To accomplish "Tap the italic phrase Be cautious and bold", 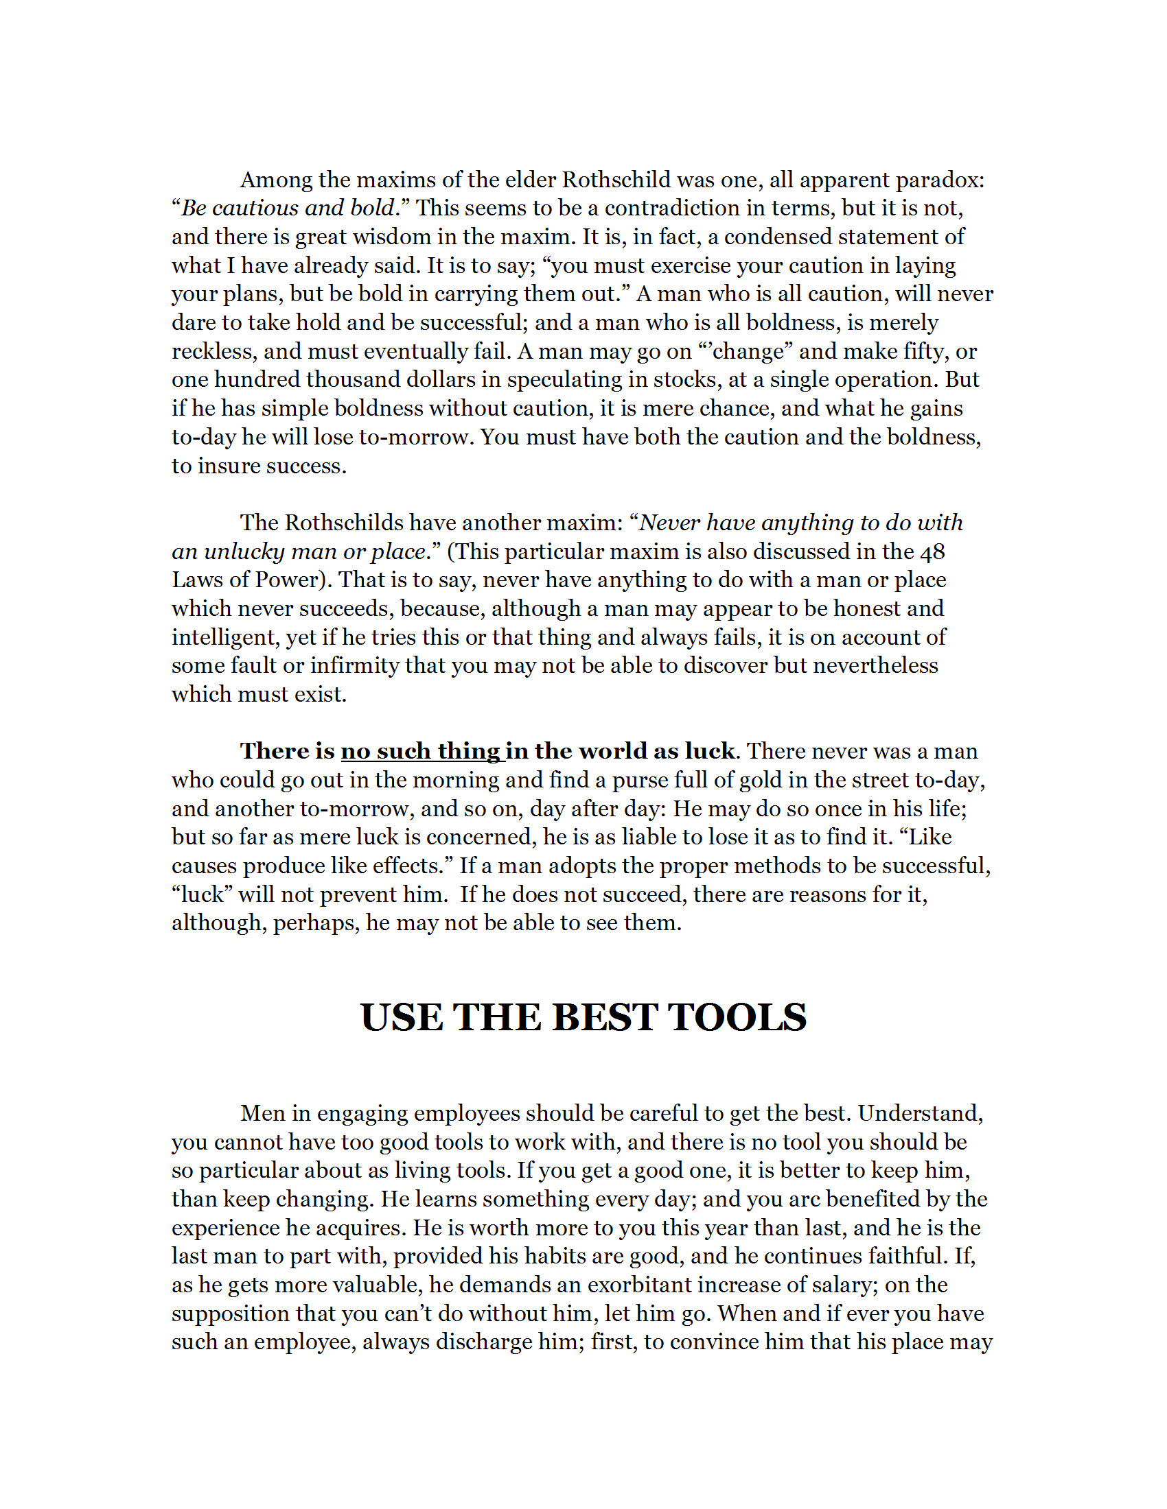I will pos(288,209).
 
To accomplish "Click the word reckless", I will pos(213,352).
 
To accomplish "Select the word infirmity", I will pos(354,666).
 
